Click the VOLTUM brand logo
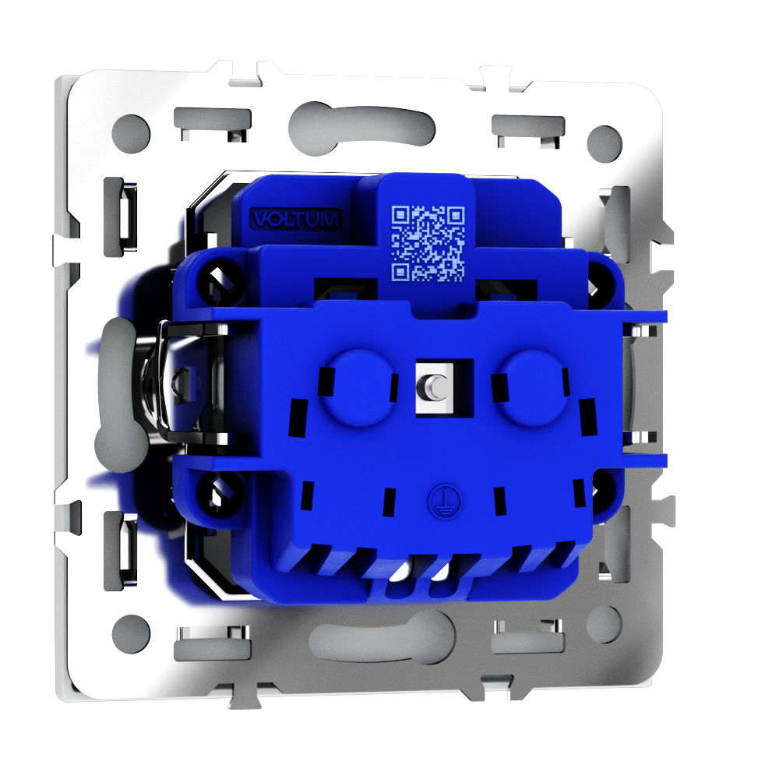(296, 219)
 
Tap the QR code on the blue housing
(428, 243)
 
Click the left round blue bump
(357, 388)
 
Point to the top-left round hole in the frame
(131, 134)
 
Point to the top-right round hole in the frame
(605, 143)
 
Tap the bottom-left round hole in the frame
(131, 634)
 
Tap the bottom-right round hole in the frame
(605, 625)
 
